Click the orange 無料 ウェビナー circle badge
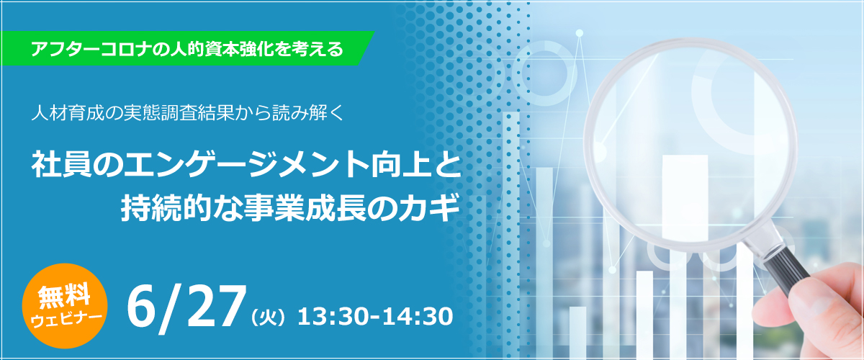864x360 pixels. [65, 305]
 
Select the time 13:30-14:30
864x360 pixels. [375, 317]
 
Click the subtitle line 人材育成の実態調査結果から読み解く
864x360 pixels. [187, 113]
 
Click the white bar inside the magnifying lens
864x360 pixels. [685, 197]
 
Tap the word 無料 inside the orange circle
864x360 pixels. [64, 296]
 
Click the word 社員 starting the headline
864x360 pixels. [62, 165]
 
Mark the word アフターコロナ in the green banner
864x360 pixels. [90, 49]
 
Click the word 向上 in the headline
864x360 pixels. [400, 165]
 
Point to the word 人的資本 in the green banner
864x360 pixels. [203, 49]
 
